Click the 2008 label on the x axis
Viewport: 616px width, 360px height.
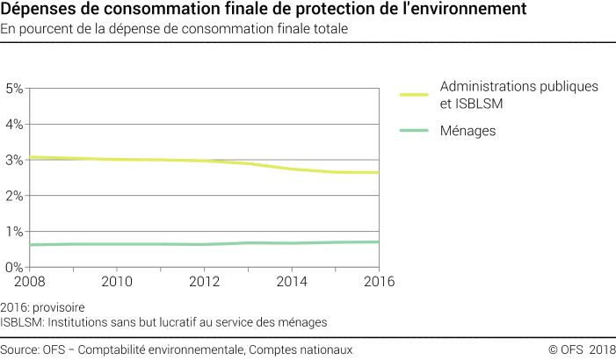(29, 282)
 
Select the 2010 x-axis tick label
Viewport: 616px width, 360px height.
(117, 282)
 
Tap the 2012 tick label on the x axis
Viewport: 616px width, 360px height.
(204, 282)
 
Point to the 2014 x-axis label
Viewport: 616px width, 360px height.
(292, 282)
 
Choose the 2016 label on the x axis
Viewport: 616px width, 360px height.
(379, 282)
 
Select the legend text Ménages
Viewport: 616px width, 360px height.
(468, 131)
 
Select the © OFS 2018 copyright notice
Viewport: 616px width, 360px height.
(582, 349)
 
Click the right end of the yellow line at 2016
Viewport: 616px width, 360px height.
(378, 173)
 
